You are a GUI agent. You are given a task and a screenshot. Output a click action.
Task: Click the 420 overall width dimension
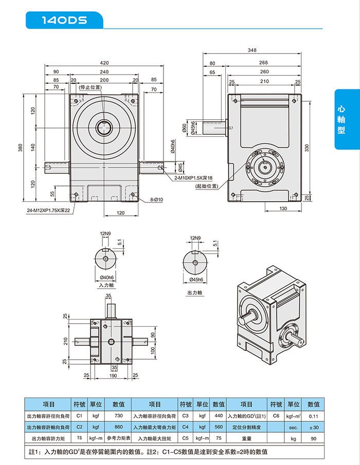pyautogui.click(x=104, y=63)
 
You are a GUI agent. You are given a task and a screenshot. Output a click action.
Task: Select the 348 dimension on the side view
pyautogui.click(x=251, y=50)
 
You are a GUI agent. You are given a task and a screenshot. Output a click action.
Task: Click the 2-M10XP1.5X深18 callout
pyautogui.click(x=193, y=178)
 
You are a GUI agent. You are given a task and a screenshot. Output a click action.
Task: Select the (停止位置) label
pyautogui.click(x=90, y=88)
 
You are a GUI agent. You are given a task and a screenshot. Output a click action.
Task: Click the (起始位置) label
pyautogui.click(x=207, y=186)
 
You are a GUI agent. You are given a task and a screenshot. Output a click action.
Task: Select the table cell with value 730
pyautogui.click(x=118, y=415)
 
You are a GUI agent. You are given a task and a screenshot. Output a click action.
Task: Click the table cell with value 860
pyautogui.click(x=118, y=426)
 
